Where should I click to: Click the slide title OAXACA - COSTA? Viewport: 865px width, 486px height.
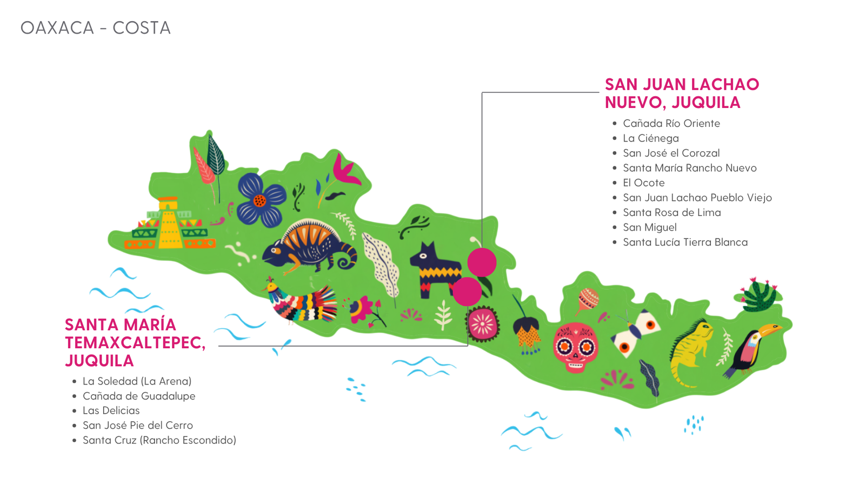coord(96,28)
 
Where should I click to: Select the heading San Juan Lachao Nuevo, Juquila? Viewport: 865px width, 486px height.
coord(682,93)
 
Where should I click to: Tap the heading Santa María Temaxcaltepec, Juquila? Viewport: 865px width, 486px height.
coord(135,342)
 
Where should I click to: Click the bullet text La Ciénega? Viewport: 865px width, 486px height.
coord(650,138)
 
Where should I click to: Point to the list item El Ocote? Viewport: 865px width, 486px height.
coord(643,183)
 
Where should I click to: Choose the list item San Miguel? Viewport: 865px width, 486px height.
coord(649,227)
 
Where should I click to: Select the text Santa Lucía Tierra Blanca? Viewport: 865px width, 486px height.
coord(685,242)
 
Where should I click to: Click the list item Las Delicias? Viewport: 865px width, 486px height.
coord(111,410)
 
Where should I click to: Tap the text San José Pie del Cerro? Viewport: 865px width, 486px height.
coord(137,426)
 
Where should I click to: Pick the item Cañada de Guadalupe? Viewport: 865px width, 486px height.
coord(138,396)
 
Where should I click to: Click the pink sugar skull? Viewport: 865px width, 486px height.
coord(575,347)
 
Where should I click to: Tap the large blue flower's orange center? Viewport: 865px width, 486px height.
coord(260,201)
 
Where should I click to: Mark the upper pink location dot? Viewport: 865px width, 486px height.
coord(482,262)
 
